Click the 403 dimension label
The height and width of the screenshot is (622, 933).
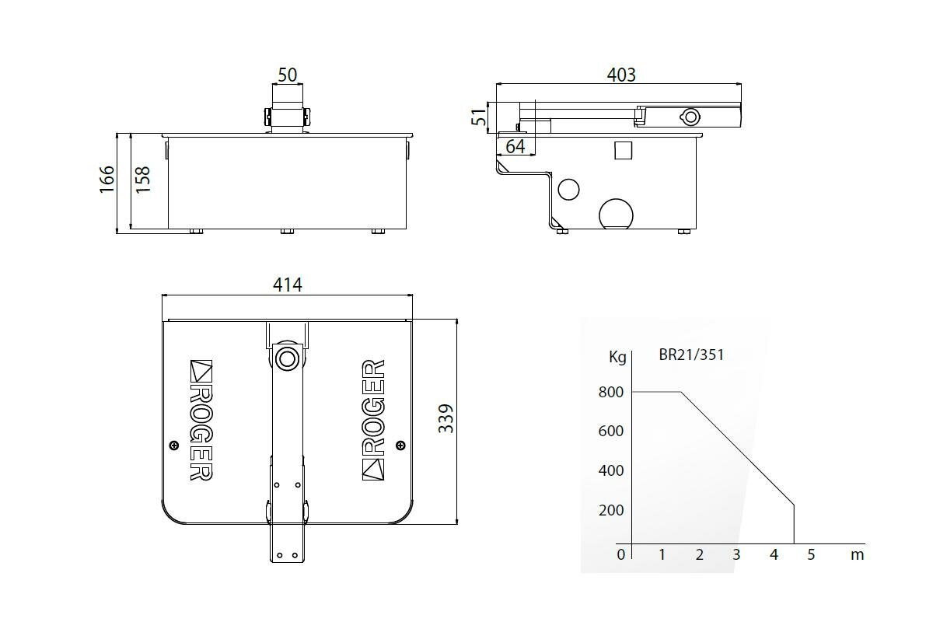(x=621, y=75)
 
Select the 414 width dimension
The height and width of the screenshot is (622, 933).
(x=288, y=285)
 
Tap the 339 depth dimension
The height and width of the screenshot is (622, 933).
(x=446, y=418)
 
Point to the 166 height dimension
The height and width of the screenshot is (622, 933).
(x=107, y=179)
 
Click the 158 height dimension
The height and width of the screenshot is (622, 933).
(x=143, y=180)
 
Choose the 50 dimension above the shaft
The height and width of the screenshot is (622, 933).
(x=288, y=75)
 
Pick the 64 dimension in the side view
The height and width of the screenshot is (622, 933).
(x=515, y=146)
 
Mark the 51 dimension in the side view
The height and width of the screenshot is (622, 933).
(x=479, y=117)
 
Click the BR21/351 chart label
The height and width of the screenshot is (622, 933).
(x=691, y=355)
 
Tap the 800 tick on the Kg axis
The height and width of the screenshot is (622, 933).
(x=611, y=392)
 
